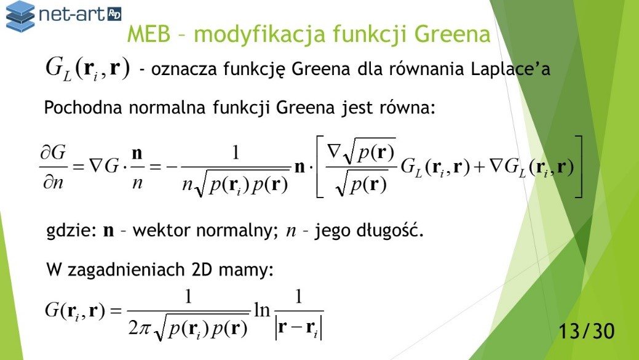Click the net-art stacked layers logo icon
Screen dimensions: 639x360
(x=20, y=16)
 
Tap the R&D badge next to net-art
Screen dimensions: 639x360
(x=114, y=15)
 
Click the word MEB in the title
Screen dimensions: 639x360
(x=149, y=34)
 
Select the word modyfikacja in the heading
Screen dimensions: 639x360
(x=260, y=34)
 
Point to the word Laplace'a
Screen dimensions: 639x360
(x=510, y=68)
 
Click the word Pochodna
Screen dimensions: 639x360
(x=83, y=108)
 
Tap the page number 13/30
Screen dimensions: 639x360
(x=586, y=331)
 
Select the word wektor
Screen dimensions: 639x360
(x=161, y=231)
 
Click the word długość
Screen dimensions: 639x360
(x=389, y=231)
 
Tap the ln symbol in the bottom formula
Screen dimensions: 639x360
(x=262, y=310)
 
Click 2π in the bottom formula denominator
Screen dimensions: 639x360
(x=140, y=327)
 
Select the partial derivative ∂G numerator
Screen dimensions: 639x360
(x=53, y=153)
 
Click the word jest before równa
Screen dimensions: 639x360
(x=357, y=108)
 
